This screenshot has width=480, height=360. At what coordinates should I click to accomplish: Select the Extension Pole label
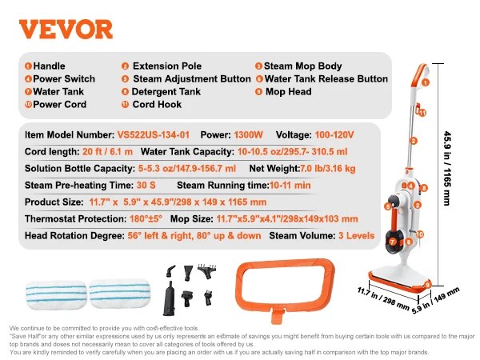[x=167, y=66]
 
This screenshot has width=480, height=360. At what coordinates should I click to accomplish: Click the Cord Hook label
[x=156, y=105]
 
